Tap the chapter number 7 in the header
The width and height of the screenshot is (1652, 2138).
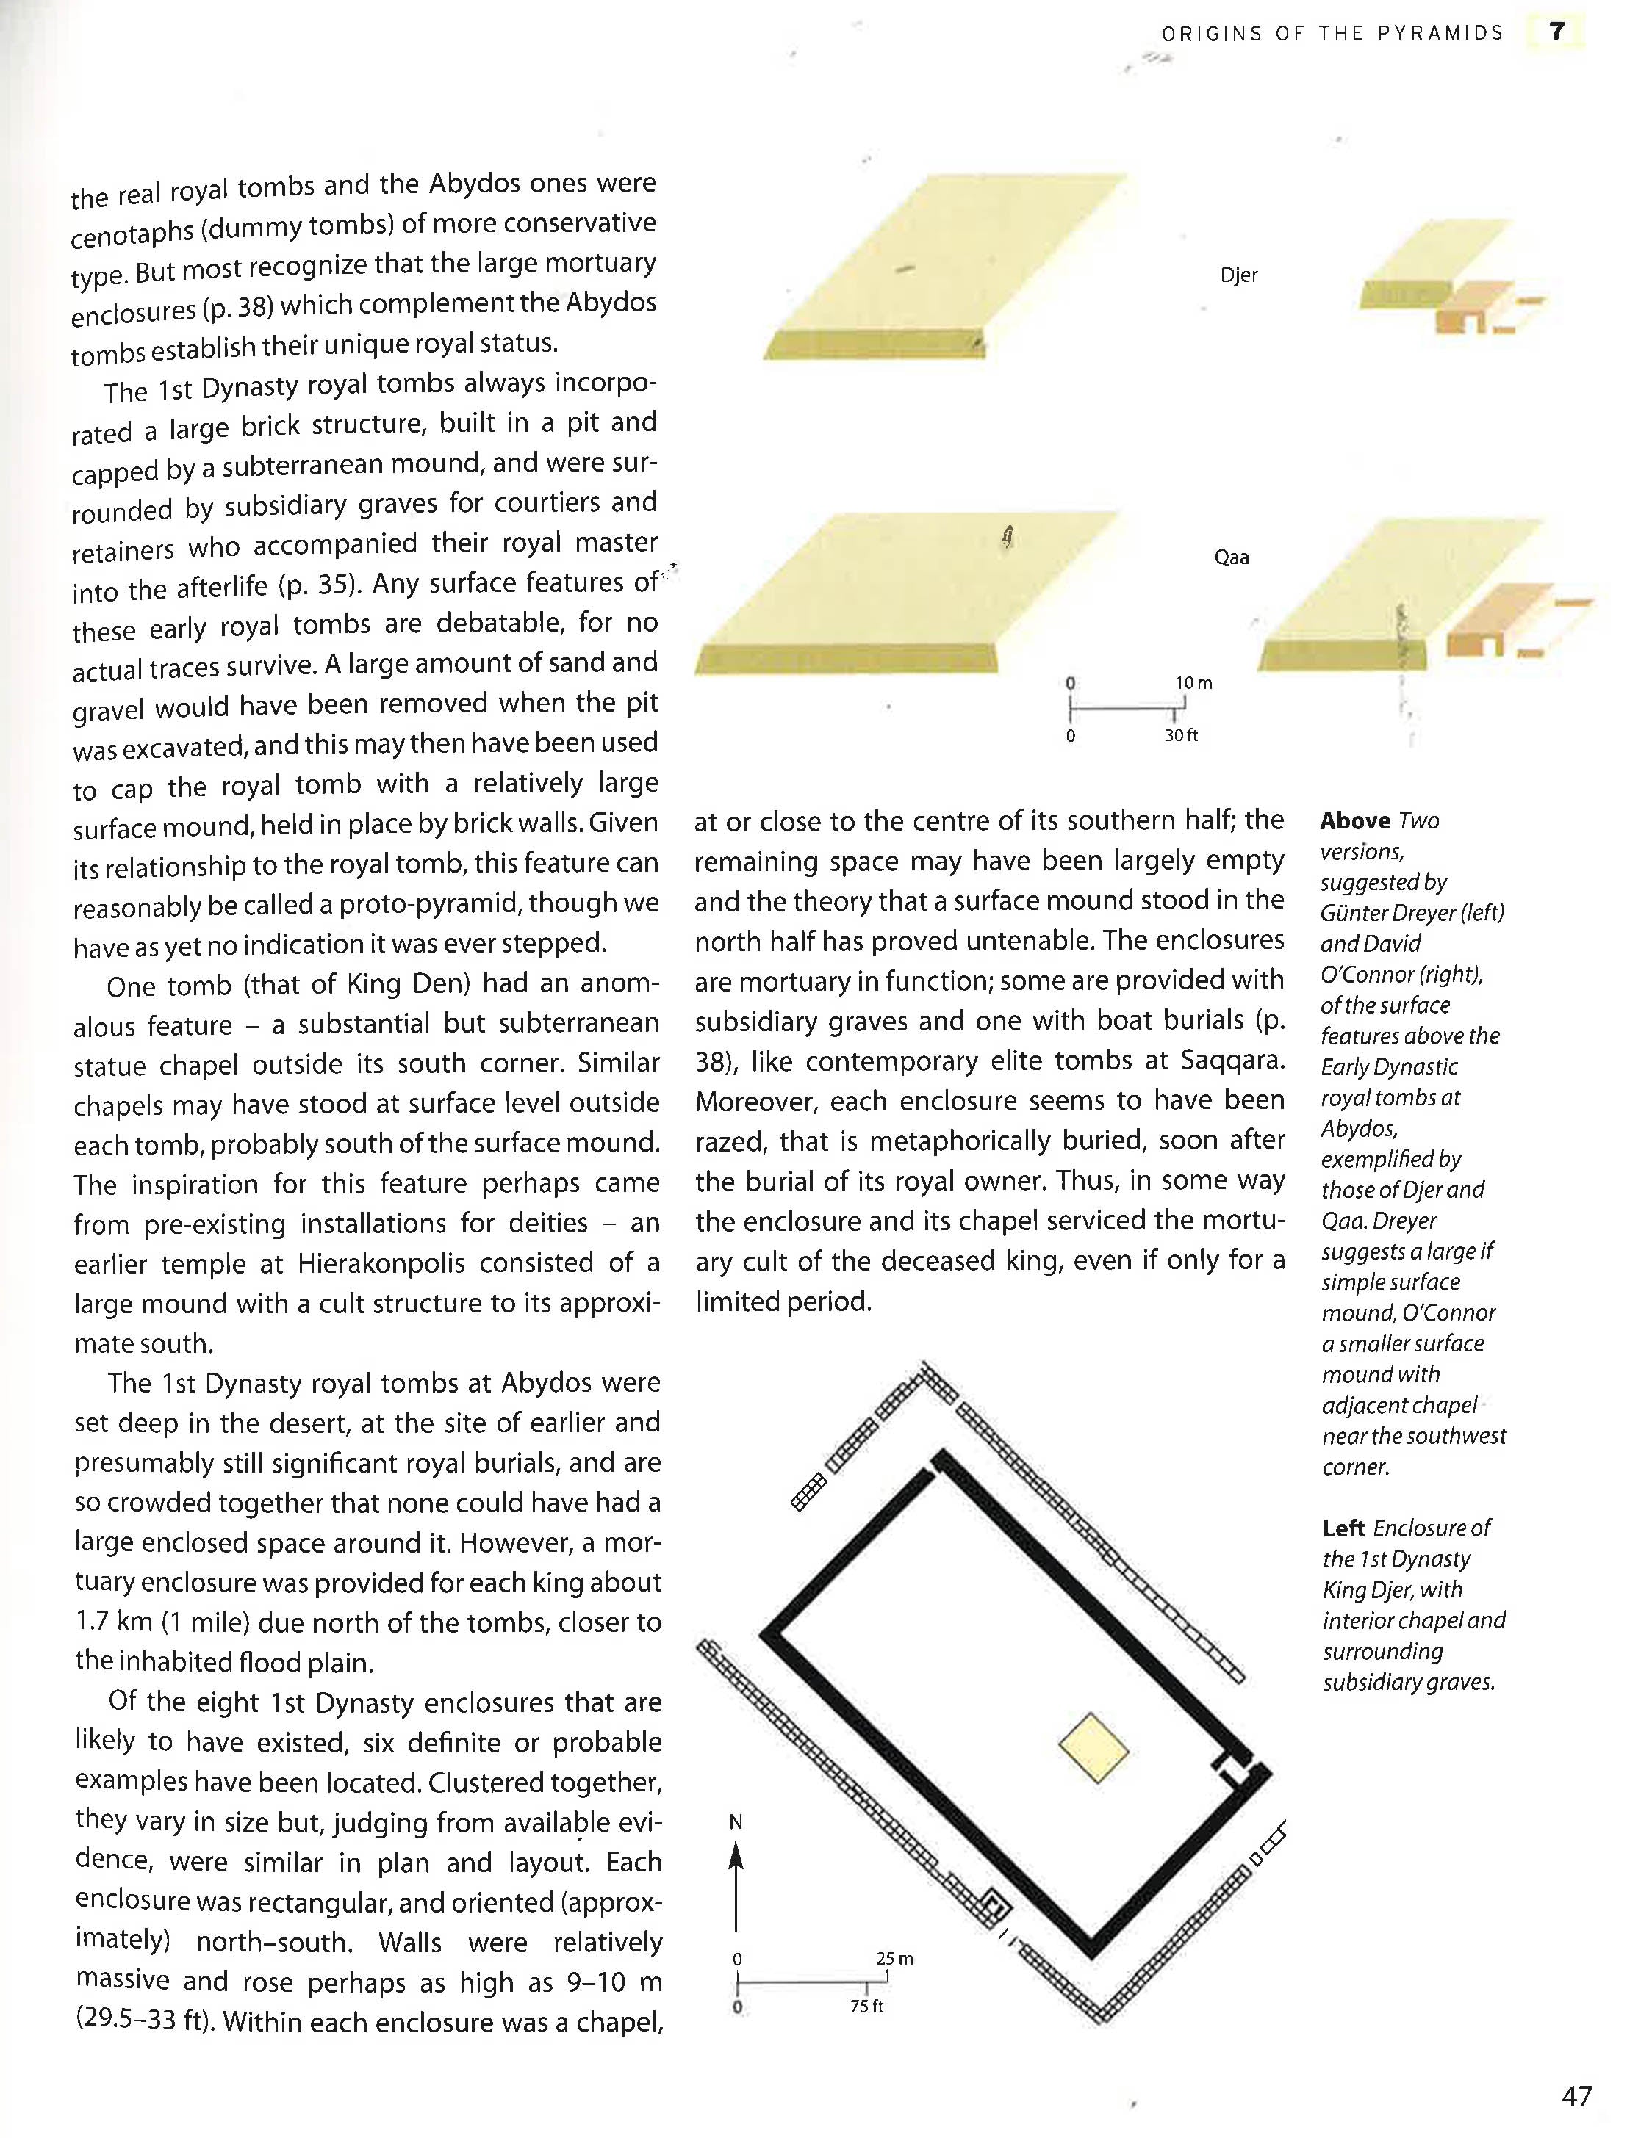click(x=1557, y=32)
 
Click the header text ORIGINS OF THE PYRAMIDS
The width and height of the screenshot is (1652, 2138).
click(x=1332, y=33)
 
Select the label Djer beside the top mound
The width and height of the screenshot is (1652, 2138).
click(x=1239, y=275)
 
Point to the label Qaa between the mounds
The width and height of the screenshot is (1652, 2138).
click(x=1231, y=558)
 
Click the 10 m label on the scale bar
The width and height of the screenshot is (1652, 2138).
click(x=1193, y=682)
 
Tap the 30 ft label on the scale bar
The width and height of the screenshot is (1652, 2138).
click(x=1180, y=735)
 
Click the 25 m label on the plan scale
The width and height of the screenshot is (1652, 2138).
click(x=894, y=1959)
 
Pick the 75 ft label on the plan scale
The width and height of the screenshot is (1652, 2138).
click(x=866, y=2006)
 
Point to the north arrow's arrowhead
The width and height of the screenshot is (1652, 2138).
click(x=736, y=1856)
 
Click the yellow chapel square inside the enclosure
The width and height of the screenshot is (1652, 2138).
click(x=1093, y=1747)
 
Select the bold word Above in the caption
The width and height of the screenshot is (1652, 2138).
click(x=1354, y=820)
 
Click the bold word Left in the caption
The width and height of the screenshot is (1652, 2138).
click(x=1343, y=1528)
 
